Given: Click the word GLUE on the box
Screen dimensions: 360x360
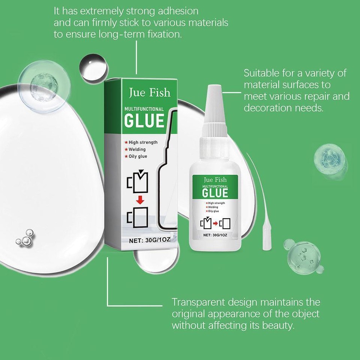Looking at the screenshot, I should pyautogui.click(x=144, y=121).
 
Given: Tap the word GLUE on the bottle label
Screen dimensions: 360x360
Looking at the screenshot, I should pyautogui.click(x=215, y=193).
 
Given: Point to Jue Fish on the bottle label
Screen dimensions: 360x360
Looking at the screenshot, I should pyautogui.click(x=215, y=180).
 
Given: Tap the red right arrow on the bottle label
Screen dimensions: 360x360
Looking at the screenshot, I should pyautogui.click(x=215, y=224).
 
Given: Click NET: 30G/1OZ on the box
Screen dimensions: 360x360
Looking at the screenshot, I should pyautogui.click(x=144, y=241).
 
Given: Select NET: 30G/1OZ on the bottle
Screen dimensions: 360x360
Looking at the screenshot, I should pyautogui.click(x=215, y=235).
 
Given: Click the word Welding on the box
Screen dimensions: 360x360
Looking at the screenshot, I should pyautogui.click(x=137, y=149).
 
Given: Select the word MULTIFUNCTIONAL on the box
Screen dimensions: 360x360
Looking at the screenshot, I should pyautogui.click(x=144, y=109).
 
